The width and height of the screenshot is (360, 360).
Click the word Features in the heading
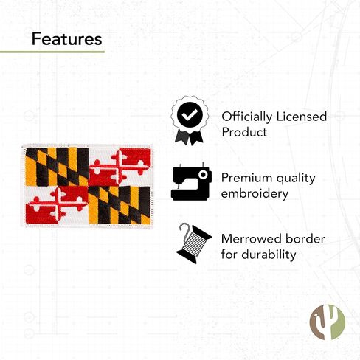click(x=66, y=39)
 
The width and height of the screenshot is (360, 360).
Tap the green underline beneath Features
click(x=52, y=52)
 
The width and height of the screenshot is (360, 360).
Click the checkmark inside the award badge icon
click(x=190, y=114)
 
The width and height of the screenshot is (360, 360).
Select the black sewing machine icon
click(x=191, y=181)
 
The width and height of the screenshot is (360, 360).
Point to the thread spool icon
click(x=194, y=243)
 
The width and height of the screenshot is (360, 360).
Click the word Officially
click(x=246, y=117)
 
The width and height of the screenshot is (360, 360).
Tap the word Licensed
click(x=302, y=117)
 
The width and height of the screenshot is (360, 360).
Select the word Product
click(x=244, y=132)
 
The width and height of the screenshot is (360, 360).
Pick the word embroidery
click(x=255, y=194)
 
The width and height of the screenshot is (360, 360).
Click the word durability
click(x=269, y=255)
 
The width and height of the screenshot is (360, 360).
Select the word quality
click(x=296, y=179)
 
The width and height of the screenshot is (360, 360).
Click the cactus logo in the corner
click(x=328, y=322)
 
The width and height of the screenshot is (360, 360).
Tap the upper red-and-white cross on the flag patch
click(x=120, y=167)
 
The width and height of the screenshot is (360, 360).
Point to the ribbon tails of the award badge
click(x=189, y=138)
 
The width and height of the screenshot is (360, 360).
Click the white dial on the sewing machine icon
click(x=203, y=175)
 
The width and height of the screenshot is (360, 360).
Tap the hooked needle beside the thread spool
click(x=182, y=231)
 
